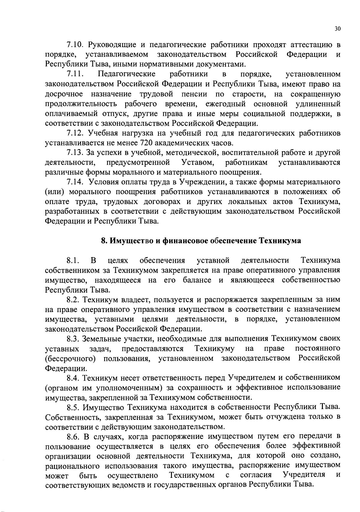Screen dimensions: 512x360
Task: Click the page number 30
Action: pos(337,29)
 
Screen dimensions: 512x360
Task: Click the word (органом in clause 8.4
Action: pos(61,388)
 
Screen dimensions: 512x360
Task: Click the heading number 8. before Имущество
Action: pos(104,241)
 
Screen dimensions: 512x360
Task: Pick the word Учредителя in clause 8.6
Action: pos(304,475)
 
